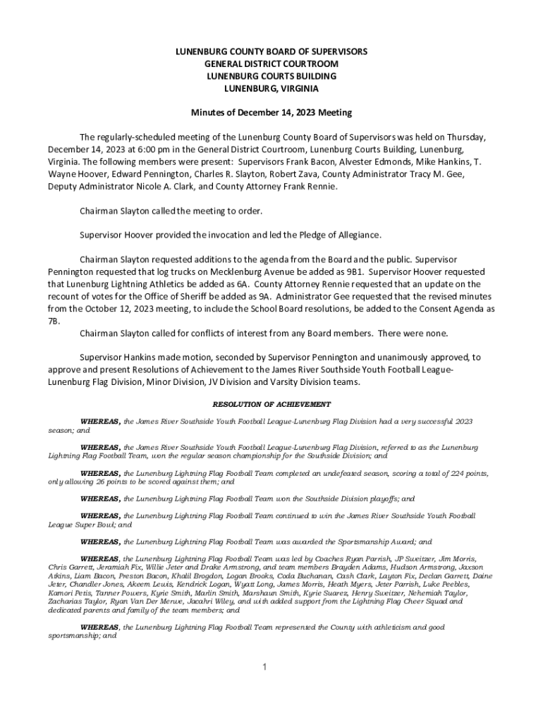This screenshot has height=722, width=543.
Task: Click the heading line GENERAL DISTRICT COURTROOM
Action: click(x=271, y=64)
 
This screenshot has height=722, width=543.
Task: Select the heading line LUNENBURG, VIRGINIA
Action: click(x=271, y=88)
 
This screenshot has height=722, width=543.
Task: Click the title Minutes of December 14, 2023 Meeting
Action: click(x=271, y=113)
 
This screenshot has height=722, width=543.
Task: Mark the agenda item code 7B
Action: click(x=54, y=321)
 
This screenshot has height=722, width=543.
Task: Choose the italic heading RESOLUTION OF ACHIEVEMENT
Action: click(x=271, y=404)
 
